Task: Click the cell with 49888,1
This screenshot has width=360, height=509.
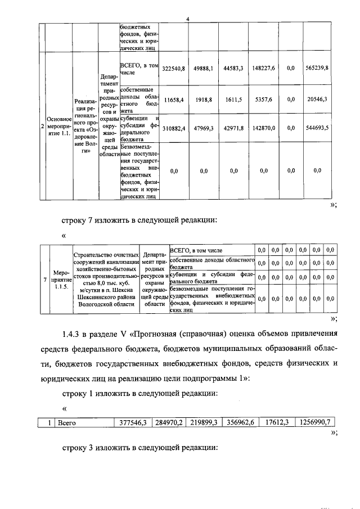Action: (203, 68)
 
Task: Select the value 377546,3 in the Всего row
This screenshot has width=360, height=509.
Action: (133, 422)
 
